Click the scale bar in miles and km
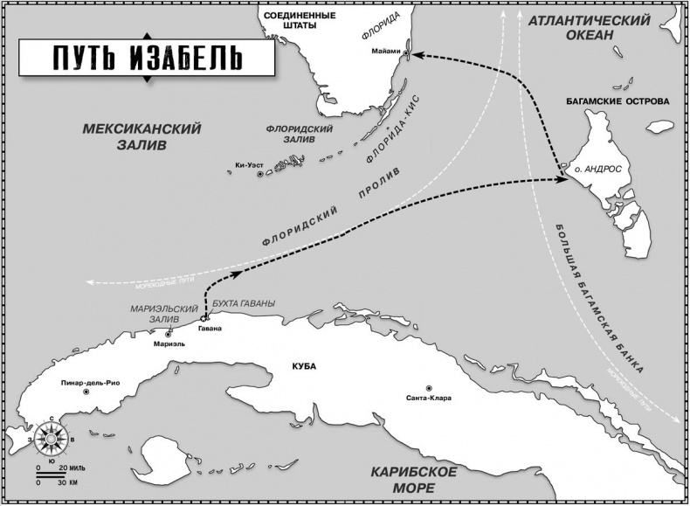coord(56,475)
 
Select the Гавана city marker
coord(204,318)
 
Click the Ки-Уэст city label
coord(248,165)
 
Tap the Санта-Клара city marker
coord(429,388)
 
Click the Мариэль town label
coord(169,343)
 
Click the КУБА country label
coord(305,364)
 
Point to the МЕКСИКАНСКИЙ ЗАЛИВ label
coord(141,136)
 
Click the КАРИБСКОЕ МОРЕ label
coord(413,479)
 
